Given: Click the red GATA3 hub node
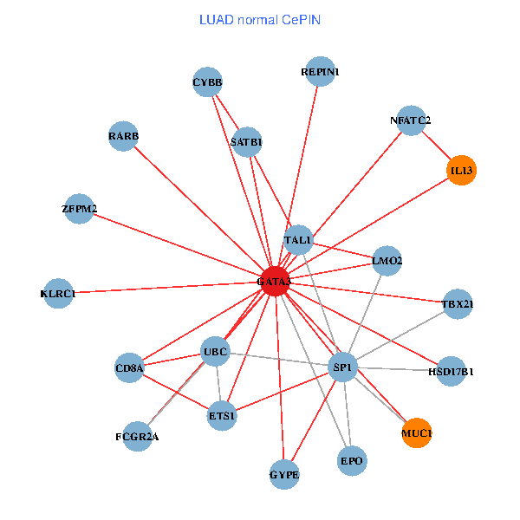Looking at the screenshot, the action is tap(275, 281).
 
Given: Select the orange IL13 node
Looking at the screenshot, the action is tap(461, 170).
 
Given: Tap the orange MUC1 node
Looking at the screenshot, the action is tap(417, 432).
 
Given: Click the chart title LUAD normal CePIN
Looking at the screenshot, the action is tap(259, 19).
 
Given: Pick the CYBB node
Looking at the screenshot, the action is tap(208, 82).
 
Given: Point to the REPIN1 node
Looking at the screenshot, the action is tap(321, 72).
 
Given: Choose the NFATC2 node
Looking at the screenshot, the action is tap(411, 120).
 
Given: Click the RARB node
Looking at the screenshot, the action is tap(124, 136).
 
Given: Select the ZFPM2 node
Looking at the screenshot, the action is tap(80, 208).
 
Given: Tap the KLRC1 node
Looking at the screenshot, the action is tap(58, 293).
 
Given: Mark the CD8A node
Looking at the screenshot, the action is tap(129, 368).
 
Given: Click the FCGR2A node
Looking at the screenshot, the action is tap(137, 436).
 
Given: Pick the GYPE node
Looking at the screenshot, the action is tap(284, 475).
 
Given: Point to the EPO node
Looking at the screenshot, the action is tap(352, 460).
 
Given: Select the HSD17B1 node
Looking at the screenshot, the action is tap(452, 371).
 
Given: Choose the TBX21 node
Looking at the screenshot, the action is tap(457, 304).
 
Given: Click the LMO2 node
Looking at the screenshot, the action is tap(387, 260).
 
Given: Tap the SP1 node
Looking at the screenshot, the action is tap(343, 368).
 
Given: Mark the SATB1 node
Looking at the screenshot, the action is tap(247, 141).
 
